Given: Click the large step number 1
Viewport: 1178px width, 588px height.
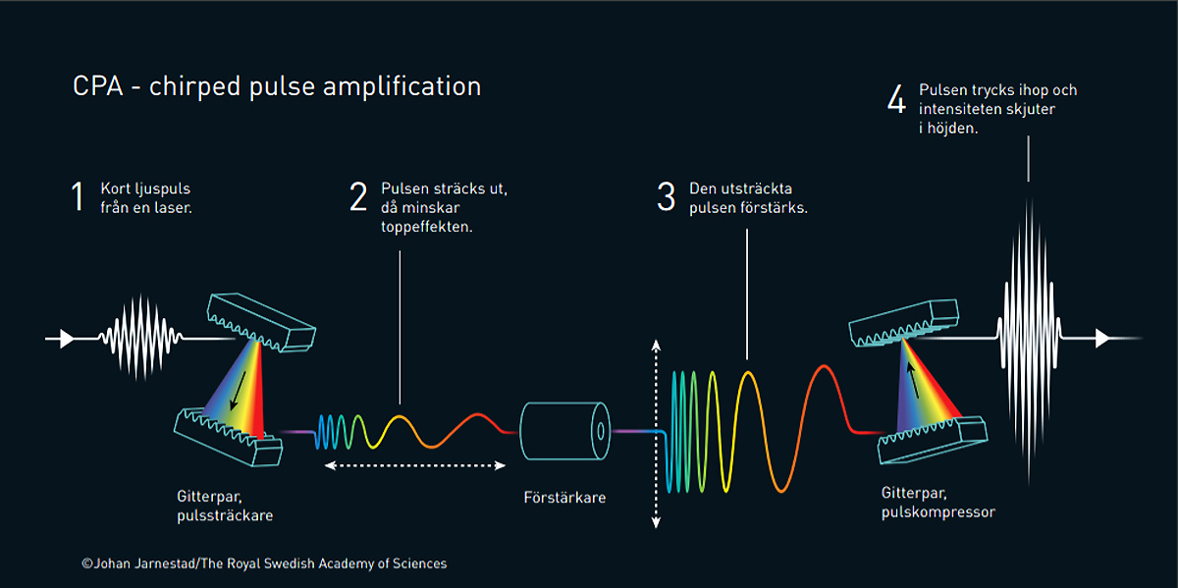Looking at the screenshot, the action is (78, 196).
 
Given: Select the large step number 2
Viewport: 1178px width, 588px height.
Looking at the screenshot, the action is (358, 196).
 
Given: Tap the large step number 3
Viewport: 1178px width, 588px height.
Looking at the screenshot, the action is (666, 196).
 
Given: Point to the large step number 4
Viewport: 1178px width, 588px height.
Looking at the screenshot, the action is (896, 99).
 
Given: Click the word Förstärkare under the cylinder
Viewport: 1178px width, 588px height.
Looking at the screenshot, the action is (564, 498).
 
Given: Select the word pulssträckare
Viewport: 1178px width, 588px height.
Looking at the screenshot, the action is (225, 515).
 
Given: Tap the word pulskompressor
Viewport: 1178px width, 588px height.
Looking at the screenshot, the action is (938, 512).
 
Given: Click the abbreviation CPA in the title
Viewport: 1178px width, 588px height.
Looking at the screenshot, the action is (98, 86).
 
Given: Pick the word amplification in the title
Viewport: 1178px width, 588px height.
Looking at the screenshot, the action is (402, 86).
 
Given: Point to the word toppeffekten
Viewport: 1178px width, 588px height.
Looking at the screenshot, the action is (427, 227).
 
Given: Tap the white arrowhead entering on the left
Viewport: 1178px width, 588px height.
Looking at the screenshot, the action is (67, 339).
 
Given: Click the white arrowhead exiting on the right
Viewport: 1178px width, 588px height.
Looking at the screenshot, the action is (1102, 339).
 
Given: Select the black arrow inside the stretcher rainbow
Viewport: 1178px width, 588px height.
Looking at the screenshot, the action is (239, 391).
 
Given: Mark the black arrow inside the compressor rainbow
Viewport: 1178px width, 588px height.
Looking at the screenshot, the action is (913, 380).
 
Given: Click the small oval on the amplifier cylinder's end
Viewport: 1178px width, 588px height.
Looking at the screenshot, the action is (601, 431).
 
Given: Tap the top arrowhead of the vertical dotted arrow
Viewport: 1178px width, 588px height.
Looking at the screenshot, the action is (656, 345).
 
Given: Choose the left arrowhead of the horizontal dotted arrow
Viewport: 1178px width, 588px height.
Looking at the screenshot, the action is (331, 465).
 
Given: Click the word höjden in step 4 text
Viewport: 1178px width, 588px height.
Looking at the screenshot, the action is (952, 128).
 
